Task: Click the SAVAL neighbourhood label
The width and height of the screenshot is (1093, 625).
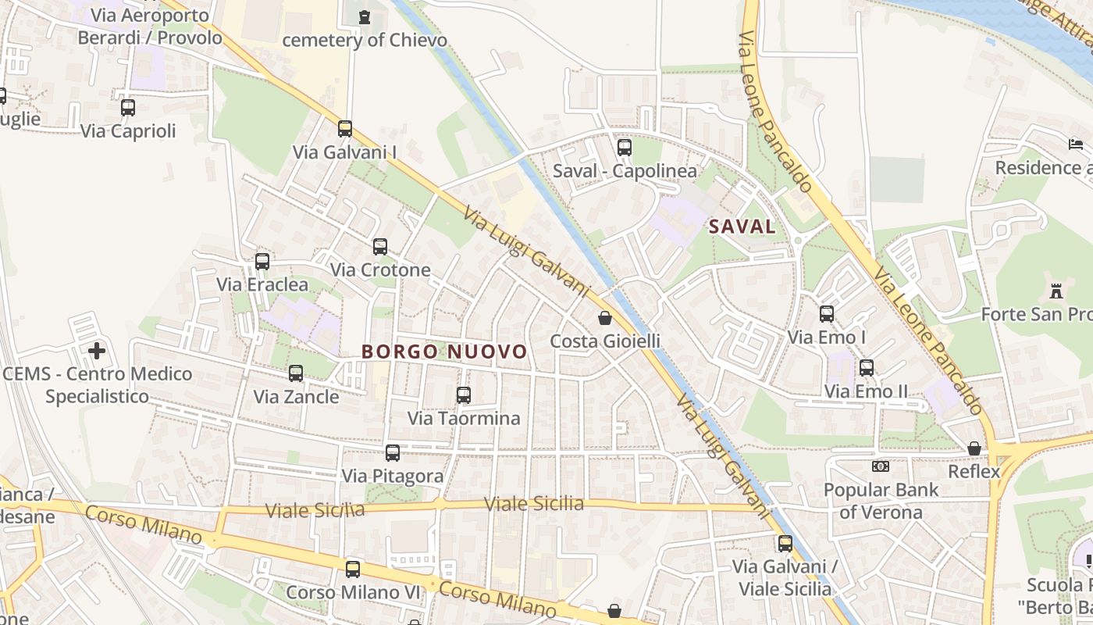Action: (x=742, y=227)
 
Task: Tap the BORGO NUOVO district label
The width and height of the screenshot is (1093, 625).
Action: (x=444, y=352)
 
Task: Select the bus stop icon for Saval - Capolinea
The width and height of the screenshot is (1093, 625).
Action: (x=625, y=147)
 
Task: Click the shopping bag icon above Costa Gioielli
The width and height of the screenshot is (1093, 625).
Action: (x=605, y=318)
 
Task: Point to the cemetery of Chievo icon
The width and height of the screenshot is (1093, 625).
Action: (x=364, y=16)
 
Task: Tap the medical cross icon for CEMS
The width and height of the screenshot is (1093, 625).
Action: (x=97, y=351)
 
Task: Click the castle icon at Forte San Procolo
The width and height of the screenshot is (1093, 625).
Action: (x=1056, y=291)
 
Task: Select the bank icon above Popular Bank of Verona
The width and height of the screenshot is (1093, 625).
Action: (x=881, y=466)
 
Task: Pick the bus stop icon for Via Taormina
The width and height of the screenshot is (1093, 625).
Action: (x=464, y=395)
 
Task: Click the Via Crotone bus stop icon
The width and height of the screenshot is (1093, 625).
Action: (x=380, y=247)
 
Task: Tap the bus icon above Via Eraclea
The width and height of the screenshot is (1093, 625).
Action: (x=262, y=262)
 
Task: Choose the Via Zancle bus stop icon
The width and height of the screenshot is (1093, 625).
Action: (x=296, y=373)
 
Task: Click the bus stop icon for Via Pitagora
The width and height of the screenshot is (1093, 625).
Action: (x=393, y=453)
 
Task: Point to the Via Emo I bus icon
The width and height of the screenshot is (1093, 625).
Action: (x=827, y=314)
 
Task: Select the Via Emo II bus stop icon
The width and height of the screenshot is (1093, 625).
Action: (x=867, y=368)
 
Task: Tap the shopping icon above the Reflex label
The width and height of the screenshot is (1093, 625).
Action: (x=974, y=448)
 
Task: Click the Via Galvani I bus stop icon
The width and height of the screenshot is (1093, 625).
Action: (x=345, y=129)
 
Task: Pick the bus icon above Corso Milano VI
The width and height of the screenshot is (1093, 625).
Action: (x=353, y=570)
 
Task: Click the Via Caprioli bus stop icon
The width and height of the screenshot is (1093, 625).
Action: (x=128, y=108)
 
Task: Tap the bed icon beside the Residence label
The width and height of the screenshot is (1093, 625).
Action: (x=1075, y=145)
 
